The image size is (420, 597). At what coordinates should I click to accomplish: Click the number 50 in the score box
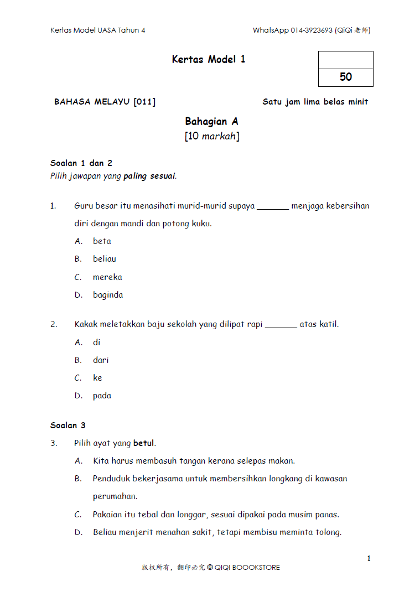[346, 77]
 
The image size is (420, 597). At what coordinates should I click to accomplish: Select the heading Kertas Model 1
[209, 59]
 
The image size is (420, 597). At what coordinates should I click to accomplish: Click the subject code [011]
[144, 102]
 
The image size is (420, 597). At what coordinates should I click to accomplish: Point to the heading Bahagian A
[212, 121]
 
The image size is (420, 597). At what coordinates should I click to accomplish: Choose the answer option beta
[102, 241]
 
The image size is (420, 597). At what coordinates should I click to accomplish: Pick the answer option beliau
[105, 259]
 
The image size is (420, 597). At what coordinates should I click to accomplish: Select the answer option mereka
[107, 277]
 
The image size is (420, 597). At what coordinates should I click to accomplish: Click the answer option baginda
[108, 295]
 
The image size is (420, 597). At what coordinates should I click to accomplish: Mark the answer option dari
[101, 360]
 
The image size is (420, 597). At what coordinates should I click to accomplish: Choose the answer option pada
[102, 396]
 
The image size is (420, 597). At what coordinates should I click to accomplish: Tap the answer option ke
[97, 378]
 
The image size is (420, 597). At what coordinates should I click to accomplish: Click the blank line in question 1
[273, 209]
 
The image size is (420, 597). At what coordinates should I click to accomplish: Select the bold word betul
[144, 443]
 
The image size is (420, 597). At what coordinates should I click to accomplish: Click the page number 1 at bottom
[369, 559]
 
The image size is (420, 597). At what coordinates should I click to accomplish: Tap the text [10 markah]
[212, 136]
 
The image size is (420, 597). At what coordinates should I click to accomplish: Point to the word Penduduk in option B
[111, 479]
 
